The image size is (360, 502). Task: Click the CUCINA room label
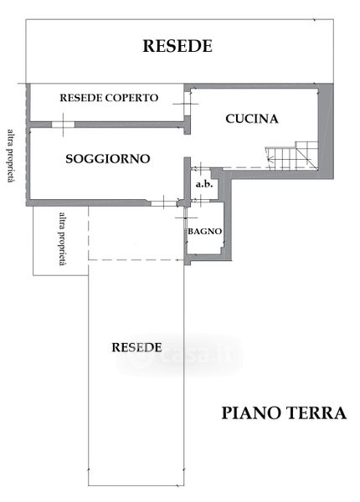pos(252,119)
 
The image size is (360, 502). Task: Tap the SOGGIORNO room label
pos(108,159)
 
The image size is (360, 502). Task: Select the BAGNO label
pos(204,231)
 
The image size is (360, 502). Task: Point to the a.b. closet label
pos(204,184)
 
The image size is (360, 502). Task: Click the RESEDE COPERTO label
pos(109,98)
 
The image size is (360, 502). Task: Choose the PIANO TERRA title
pos(284,413)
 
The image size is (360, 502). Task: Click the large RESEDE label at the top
pos(177,46)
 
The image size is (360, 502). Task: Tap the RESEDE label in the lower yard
pos(136,347)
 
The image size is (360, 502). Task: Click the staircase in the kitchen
pos(292,155)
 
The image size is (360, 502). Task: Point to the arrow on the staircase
pos(269,157)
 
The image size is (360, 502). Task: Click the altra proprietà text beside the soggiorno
pos(12,156)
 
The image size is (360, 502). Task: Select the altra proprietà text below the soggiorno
pos(63,238)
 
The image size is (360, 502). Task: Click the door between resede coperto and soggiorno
pos(63,125)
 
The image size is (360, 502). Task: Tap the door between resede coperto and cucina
pos(187,104)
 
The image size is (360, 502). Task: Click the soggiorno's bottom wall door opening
pos(163,203)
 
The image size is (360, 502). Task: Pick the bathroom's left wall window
pos(186,218)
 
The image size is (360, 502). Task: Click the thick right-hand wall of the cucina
pos(326,131)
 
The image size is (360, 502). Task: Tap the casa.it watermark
pos(179,355)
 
